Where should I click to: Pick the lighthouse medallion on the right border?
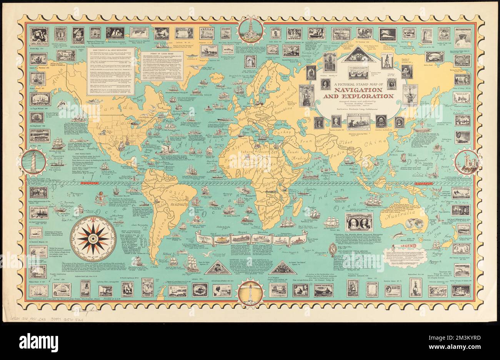pyautogui.click(x=467, y=162)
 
